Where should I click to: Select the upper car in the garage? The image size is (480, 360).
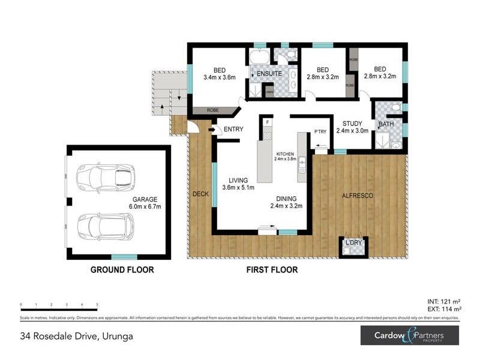pyautogui.click(x=106, y=176)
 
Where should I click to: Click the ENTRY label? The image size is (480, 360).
pyautogui.click(x=233, y=130)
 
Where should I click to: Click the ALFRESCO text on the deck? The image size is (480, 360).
pyautogui.click(x=358, y=196)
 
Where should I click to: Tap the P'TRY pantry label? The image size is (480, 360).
pyautogui.click(x=319, y=132)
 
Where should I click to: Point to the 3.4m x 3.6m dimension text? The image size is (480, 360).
pyautogui.click(x=219, y=77)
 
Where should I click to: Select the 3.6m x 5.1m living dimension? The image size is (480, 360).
pyautogui.click(x=238, y=188)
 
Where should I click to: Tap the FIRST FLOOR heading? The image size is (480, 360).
pyautogui.click(x=272, y=270)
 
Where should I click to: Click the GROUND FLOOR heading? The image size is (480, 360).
pyautogui.click(x=122, y=270)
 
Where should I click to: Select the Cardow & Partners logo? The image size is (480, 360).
pyautogui.click(x=409, y=335)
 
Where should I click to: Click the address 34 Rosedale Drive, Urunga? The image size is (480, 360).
pyautogui.click(x=76, y=336)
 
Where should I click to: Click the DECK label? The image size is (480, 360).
pyautogui.click(x=200, y=194)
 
